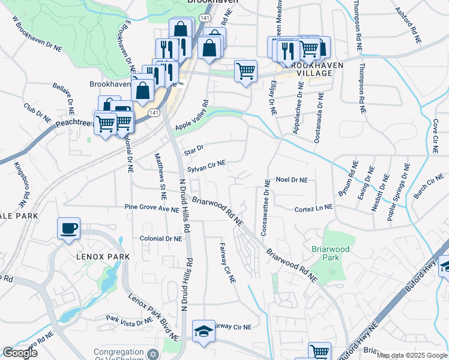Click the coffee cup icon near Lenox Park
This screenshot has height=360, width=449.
point(68,228)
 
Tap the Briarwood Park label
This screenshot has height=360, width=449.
point(326,253)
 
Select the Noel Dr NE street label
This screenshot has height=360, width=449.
point(291,179)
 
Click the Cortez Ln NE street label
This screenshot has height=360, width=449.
point(313,209)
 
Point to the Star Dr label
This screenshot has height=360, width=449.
point(194,150)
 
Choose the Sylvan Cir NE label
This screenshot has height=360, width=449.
point(206,166)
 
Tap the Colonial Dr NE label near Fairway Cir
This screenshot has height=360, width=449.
point(160,238)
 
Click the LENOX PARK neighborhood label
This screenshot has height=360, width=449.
point(103,256)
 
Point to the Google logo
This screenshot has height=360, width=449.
point(19,352)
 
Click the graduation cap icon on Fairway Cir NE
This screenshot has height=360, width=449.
point(203,331)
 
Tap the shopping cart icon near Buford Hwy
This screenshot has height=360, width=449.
point(319,352)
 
